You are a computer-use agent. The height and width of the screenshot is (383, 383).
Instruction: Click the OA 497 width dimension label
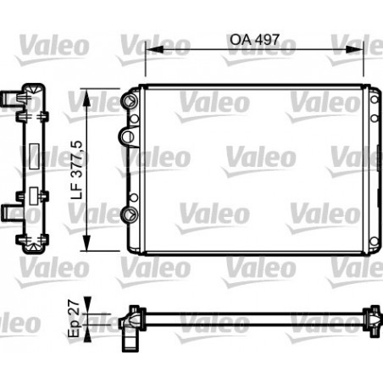pyautogui.click(x=255, y=38)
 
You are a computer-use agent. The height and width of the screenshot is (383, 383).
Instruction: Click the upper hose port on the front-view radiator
pyautogui.click(x=130, y=101)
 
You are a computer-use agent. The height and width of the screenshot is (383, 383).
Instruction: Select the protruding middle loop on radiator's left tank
pyautogui.click(x=127, y=136)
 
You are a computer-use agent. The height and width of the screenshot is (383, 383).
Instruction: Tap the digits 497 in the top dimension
pyautogui.click(x=266, y=38)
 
